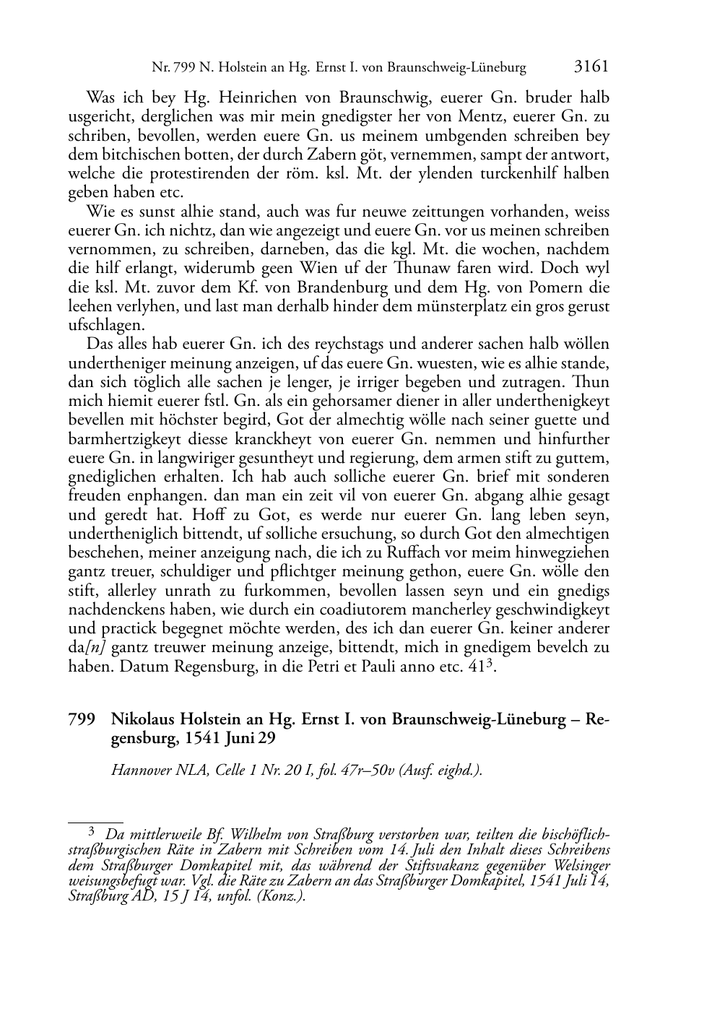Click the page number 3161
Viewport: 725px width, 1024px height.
click(x=591, y=67)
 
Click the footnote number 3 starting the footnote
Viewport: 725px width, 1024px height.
click(x=91, y=831)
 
